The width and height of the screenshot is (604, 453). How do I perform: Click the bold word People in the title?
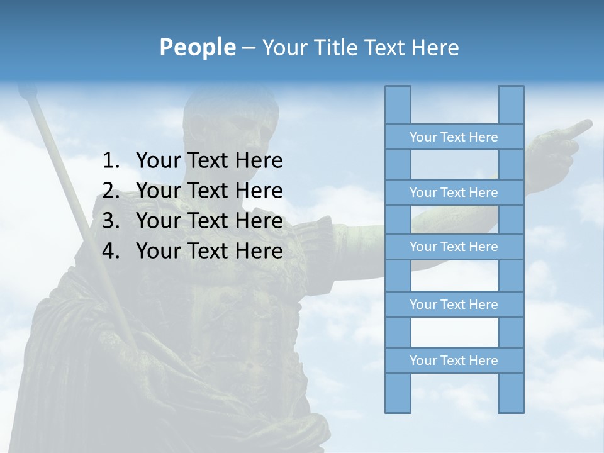pyautogui.click(x=198, y=47)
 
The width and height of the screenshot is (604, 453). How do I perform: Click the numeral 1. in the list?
pyautogui.click(x=111, y=161)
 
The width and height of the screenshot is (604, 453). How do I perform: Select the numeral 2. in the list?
pyautogui.click(x=111, y=191)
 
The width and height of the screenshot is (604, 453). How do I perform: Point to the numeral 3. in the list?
pyautogui.click(x=111, y=221)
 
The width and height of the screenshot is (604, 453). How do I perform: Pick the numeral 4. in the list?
pyautogui.click(x=111, y=251)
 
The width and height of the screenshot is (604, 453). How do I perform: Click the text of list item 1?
pyautogui.click(x=209, y=161)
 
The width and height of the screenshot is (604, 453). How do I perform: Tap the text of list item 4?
pyautogui.click(x=209, y=251)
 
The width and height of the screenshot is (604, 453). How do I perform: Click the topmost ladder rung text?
pyautogui.click(x=454, y=137)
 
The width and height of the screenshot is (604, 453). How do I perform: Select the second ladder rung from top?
pyautogui.click(x=454, y=193)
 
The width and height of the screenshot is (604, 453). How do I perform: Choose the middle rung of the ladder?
pyautogui.click(x=454, y=247)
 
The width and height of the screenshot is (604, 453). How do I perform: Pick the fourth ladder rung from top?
pyautogui.click(x=454, y=305)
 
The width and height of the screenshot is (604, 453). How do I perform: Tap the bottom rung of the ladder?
pyautogui.click(x=454, y=361)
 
